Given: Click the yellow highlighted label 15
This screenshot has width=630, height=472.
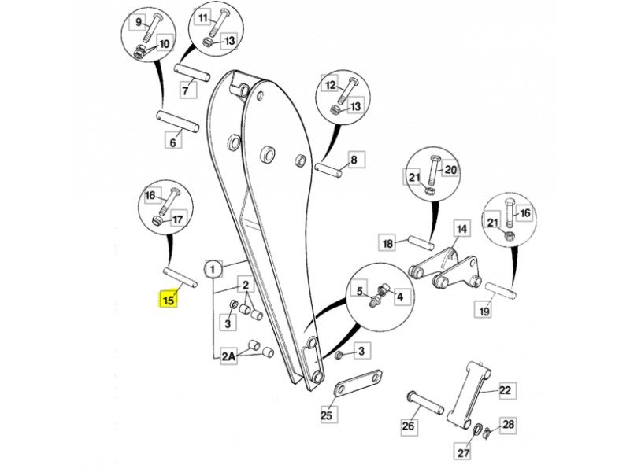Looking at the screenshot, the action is pyautogui.click(x=169, y=299).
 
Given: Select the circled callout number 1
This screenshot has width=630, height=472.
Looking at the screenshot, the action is pyautogui.click(x=213, y=269).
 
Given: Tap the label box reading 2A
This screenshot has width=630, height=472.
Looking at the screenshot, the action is pyautogui.click(x=228, y=356).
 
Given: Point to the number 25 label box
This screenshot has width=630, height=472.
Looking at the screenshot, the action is pyautogui.click(x=326, y=415).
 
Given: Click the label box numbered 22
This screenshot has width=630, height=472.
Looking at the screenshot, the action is pyautogui.click(x=505, y=390).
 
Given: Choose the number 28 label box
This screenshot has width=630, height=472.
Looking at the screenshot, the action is pyautogui.click(x=508, y=424).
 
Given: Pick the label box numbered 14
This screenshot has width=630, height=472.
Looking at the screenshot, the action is pyautogui.click(x=462, y=229).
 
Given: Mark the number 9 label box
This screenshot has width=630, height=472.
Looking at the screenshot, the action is pyautogui.click(x=139, y=22).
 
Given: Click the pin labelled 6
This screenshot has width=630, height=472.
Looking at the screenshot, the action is pyautogui.click(x=177, y=121).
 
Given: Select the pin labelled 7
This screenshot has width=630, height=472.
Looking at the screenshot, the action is pyautogui.click(x=191, y=72).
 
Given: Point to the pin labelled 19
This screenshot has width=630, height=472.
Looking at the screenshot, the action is pyautogui.click(x=501, y=290).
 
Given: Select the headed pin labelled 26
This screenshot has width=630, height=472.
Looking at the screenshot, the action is pyautogui.click(x=425, y=403).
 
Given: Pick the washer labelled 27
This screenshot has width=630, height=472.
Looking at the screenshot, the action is pyautogui.click(x=478, y=429).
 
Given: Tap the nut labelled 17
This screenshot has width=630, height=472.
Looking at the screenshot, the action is pyautogui.click(x=157, y=220).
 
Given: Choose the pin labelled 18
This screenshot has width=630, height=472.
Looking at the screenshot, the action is pyautogui.click(x=421, y=242).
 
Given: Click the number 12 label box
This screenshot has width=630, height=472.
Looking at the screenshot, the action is pyautogui.click(x=330, y=85).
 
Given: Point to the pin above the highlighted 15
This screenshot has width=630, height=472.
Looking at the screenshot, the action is pyautogui.click(x=180, y=277).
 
